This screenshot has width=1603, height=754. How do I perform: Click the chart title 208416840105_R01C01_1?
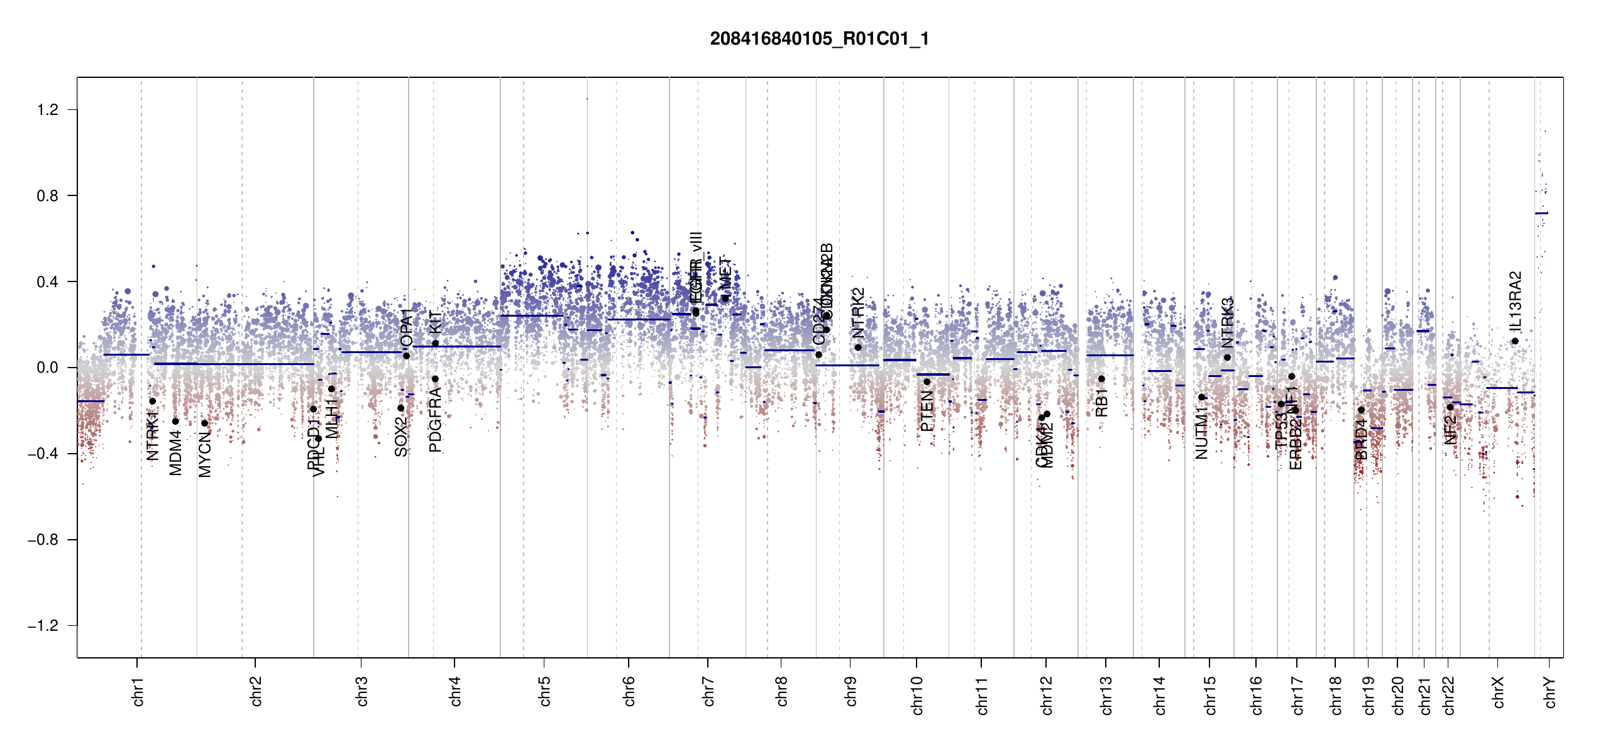(819, 39)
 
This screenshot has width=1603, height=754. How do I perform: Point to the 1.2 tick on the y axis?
(48, 110)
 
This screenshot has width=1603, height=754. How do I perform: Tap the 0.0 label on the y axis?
(48, 368)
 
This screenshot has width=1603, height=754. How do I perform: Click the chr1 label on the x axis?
(138, 691)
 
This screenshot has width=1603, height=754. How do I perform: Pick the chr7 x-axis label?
(708, 691)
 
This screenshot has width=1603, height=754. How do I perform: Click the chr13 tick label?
(1106, 695)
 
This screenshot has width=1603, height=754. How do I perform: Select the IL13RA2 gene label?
(1516, 301)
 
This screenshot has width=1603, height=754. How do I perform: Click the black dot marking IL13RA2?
(1515, 341)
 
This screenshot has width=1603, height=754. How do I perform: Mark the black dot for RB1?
(1101, 379)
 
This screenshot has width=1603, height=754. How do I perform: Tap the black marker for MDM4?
(175, 422)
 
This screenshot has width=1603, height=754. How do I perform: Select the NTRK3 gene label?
(1228, 322)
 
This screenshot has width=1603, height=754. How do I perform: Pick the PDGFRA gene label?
(435, 420)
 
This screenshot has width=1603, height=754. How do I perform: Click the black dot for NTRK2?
(858, 347)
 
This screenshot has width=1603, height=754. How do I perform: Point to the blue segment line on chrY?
(1541, 213)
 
